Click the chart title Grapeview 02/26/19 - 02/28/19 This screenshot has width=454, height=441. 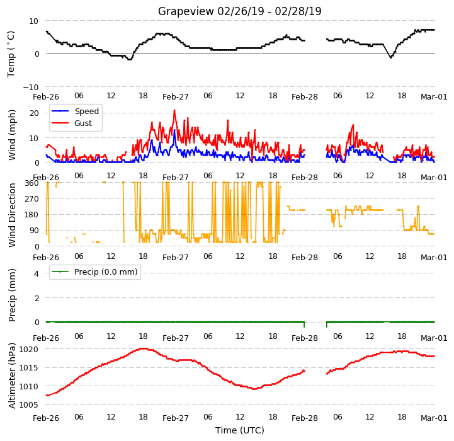[239, 11]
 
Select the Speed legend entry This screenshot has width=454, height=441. [76, 112]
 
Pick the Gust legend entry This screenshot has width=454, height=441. [72, 123]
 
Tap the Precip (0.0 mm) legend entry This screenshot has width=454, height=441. [94, 272]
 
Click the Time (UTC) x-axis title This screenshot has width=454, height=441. [240, 430]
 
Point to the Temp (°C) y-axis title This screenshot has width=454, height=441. [11, 54]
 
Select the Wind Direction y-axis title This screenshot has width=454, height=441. [12, 215]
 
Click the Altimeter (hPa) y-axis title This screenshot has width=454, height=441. [12, 376]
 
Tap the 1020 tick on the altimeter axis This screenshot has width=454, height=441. [29, 350]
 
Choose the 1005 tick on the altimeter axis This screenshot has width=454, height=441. [29, 405]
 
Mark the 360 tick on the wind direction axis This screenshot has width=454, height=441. [32, 183]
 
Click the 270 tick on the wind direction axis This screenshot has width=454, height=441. [32, 199]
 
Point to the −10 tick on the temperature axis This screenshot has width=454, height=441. [31, 87]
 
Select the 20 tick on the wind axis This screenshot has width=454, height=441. [34, 113]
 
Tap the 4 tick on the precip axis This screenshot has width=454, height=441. [36, 273]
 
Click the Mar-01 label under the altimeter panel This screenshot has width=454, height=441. [434, 418]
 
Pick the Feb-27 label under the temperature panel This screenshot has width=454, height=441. [176, 97]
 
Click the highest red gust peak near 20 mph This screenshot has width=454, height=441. [174, 110]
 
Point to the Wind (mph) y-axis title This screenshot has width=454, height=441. [12, 135]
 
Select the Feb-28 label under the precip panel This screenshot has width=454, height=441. [305, 338]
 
